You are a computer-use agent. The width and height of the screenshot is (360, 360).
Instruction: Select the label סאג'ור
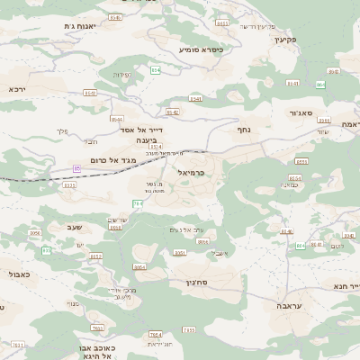pos(301,113)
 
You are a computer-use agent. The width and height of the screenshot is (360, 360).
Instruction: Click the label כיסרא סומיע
pos(201,49)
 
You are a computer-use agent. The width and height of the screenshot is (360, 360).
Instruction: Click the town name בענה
pos(145,141)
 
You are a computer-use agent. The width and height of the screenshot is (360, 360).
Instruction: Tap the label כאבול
pos(19,274)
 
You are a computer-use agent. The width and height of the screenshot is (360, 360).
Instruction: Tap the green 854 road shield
pos(155,69)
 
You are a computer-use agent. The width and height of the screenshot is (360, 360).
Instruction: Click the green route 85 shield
pos(76,167)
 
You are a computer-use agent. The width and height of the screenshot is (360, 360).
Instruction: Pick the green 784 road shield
pos(137,204)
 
